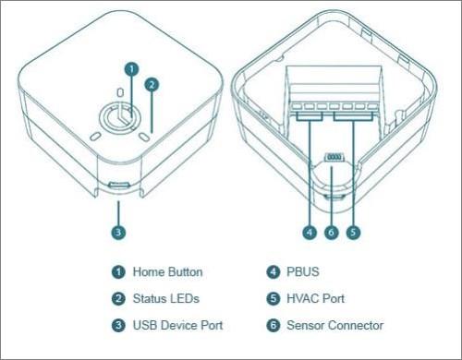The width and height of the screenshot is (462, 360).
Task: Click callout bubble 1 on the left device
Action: (131, 69)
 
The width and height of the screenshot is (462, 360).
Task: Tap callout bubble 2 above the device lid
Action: (152, 85)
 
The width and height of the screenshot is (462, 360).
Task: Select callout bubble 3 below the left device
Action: (118, 232)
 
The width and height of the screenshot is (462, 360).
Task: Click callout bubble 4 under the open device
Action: (310, 233)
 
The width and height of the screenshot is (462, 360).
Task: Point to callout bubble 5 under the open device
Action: (353, 233)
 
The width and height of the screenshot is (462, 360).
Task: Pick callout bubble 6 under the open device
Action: (332, 233)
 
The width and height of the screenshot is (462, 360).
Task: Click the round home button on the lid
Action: (120, 118)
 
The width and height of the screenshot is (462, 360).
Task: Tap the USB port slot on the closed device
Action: (118, 186)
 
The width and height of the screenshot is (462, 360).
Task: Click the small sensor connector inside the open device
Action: (334, 157)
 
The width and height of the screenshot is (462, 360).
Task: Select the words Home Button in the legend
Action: (167, 272)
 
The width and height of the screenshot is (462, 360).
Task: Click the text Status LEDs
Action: (166, 298)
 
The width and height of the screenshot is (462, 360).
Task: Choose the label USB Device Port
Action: (177, 325)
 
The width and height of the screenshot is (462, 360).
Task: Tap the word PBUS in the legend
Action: (303, 272)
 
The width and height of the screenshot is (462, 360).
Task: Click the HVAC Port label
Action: (315, 298)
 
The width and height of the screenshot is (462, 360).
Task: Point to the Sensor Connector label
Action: (335, 325)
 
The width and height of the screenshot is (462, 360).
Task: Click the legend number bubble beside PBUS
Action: (274, 272)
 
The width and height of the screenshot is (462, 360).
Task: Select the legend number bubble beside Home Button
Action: (118, 272)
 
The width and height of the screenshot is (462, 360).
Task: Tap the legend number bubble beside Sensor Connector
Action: (274, 325)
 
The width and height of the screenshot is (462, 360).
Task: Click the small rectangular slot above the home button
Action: (121, 92)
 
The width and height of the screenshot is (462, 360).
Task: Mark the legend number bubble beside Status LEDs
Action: (118, 298)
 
